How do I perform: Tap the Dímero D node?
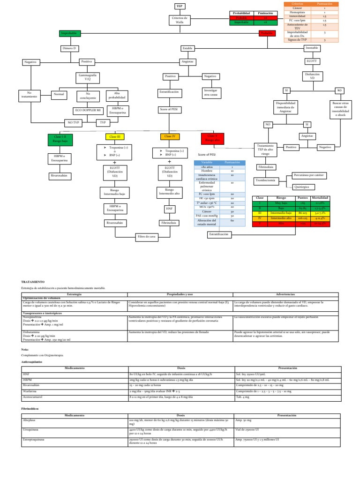[68, 48]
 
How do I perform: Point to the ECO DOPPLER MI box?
[88, 110]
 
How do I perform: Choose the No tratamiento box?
[29, 95]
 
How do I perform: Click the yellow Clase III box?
[115, 136]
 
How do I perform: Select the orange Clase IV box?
[169, 136]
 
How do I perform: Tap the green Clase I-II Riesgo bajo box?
[60, 139]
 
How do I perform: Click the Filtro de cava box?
[146, 237]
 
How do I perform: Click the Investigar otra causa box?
[210, 92]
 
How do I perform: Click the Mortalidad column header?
[322, 198]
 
